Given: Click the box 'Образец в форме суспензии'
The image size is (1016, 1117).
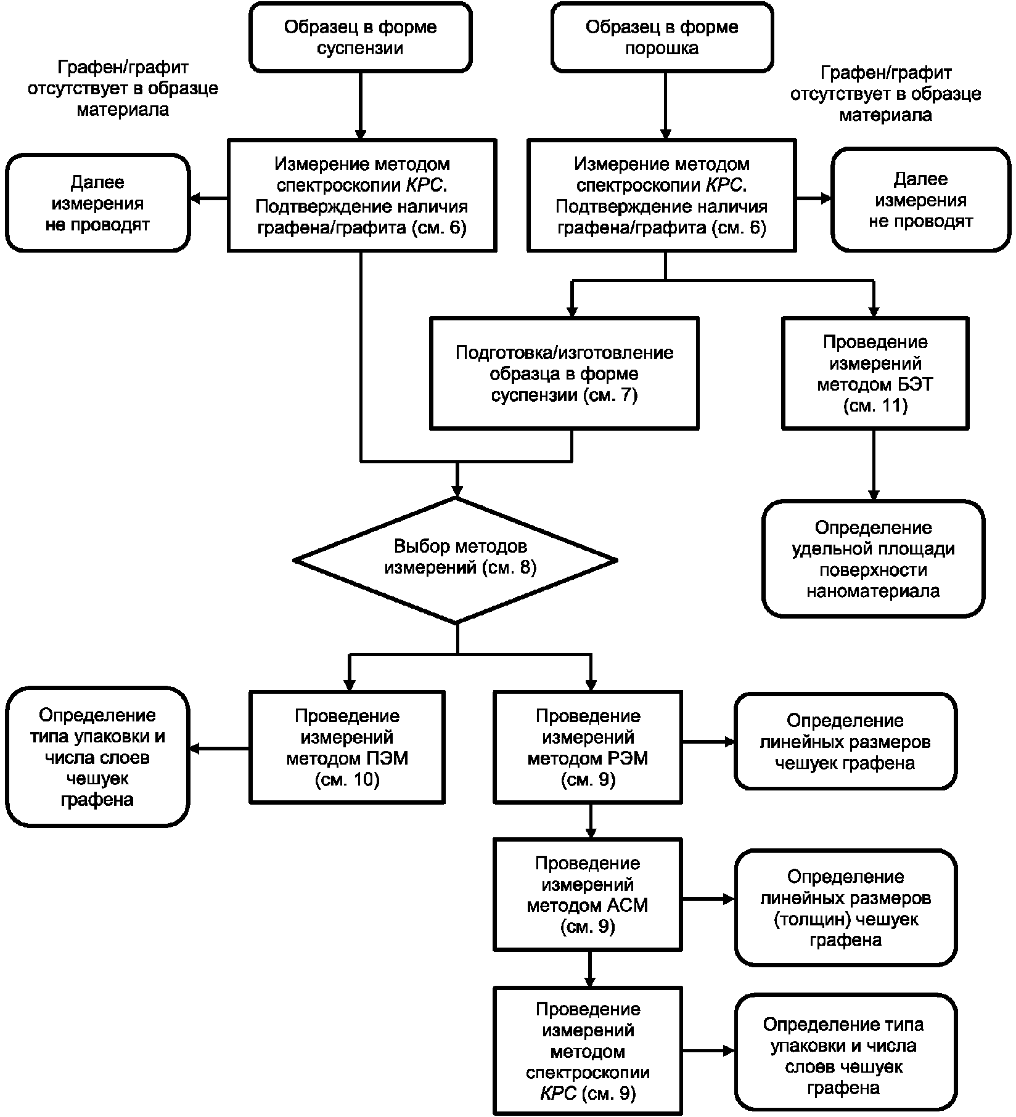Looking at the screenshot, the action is [361, 37].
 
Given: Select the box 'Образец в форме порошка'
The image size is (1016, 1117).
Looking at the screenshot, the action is [662, 37].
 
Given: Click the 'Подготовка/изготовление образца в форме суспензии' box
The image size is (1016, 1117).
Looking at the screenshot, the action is [564, 373].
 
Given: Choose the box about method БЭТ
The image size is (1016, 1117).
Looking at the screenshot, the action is [875, 373].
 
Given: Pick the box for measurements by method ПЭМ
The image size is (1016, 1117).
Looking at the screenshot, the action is [347, 747].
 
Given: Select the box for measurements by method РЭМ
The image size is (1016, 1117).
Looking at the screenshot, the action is [588, 747].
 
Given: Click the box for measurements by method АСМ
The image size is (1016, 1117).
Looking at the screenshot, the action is [588, 894].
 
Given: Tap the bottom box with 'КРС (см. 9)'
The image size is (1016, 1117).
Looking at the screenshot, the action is [588, 1050].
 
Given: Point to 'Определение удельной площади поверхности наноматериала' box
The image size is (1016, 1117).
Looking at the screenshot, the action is [873, 558].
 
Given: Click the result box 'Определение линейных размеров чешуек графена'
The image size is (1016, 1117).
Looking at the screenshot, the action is [845, 741].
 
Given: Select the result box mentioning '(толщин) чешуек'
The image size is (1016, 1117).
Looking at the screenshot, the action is [845, 908].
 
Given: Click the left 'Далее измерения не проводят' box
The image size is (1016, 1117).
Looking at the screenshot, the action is [97, 203].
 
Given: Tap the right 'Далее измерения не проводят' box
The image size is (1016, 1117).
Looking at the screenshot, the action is [920, 199].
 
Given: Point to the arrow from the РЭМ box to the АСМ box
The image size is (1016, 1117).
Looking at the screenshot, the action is [591, 821].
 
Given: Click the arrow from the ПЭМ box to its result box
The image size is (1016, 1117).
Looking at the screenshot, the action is [219, 749].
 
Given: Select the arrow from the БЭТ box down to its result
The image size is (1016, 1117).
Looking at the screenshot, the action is [873, 465].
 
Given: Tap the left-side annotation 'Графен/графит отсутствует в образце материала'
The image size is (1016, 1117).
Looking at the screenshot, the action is [122, 88].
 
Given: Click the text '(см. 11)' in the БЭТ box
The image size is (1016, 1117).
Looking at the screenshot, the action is [875, 405].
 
